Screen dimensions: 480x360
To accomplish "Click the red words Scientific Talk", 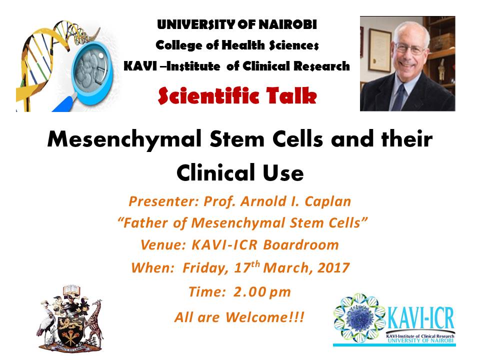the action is point(237,96).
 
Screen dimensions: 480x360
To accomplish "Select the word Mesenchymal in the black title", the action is point(125,139).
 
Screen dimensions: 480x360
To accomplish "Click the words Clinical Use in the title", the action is point(240,172).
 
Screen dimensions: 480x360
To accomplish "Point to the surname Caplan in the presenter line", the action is point(328,201).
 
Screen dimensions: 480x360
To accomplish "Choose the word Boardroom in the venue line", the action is point(301,245).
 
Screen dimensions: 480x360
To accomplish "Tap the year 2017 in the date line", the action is point(333,268).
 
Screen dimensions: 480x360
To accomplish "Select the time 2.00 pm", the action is point(262,291).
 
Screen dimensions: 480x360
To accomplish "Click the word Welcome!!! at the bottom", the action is point(265,317).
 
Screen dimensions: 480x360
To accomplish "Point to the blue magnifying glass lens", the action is point(92,73).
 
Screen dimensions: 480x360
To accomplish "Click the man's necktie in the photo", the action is point(398,96).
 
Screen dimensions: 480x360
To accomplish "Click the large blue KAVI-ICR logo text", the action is point(420,318).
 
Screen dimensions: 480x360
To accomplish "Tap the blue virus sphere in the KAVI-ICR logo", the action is point(360,318).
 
